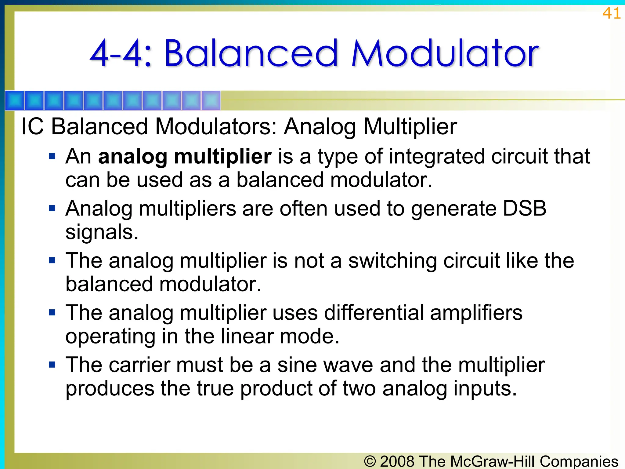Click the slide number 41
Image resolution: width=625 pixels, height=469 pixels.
pos(611,13)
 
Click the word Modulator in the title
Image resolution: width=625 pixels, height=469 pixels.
pos(445,53)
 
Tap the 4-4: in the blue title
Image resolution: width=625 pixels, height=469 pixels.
pos(121,53)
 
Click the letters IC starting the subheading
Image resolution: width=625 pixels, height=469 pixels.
pos(32,126)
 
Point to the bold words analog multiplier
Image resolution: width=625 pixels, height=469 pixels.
pos(185,157)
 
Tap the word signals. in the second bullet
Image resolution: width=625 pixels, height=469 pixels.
pos(102,232)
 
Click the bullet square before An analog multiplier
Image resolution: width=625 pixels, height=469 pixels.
pos(52,157)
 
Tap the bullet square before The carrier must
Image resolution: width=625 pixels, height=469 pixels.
pos(52,365)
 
